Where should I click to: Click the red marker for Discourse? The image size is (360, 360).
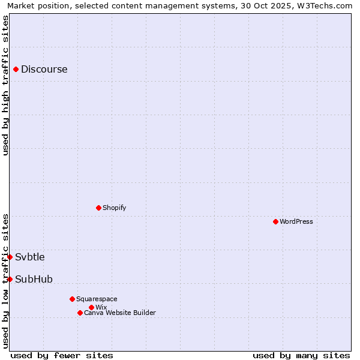pyautogui.click(x=16, y=69)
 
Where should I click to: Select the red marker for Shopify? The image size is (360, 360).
pyautogui.click(x=98, y=208)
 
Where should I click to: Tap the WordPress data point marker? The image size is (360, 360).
pyautogui.click(x=275, y=221)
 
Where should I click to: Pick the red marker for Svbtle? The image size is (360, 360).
pyautogui.click(x=10, y=257)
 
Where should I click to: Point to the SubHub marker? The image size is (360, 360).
pyautogui.click(x=10, y=279)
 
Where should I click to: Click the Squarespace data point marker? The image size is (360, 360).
pyautogui.click(x=72, y=299)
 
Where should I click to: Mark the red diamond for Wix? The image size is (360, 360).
pyautogui.click(x=91, y=307)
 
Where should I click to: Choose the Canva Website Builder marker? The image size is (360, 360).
pyautogui.click(x=80, y=313)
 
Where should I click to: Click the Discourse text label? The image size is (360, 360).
pyautogui.click(x=44, y=69)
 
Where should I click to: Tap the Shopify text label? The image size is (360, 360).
pyautogui.click(x=114, y=208)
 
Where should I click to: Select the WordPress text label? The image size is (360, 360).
pyautogui.click(x=296, y=221)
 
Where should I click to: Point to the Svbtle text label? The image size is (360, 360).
pyautogui.click(x=30, y=257)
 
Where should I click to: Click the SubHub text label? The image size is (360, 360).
pyautogui.click(x=34, y=279)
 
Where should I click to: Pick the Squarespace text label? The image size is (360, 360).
pyautogui.click(x=97, y=299)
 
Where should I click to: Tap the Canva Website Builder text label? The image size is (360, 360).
pyautogui.click(x=120, y=313)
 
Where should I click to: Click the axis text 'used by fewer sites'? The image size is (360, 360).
pyautogui.click(x=62, y=355)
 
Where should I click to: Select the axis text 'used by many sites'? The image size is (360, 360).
pyautogui.click(x=301, y=355)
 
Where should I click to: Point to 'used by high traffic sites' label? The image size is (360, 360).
pyautogui.click(x=5, y=85)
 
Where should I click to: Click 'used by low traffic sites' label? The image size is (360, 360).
pyautogui.click(x=5, y=281)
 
